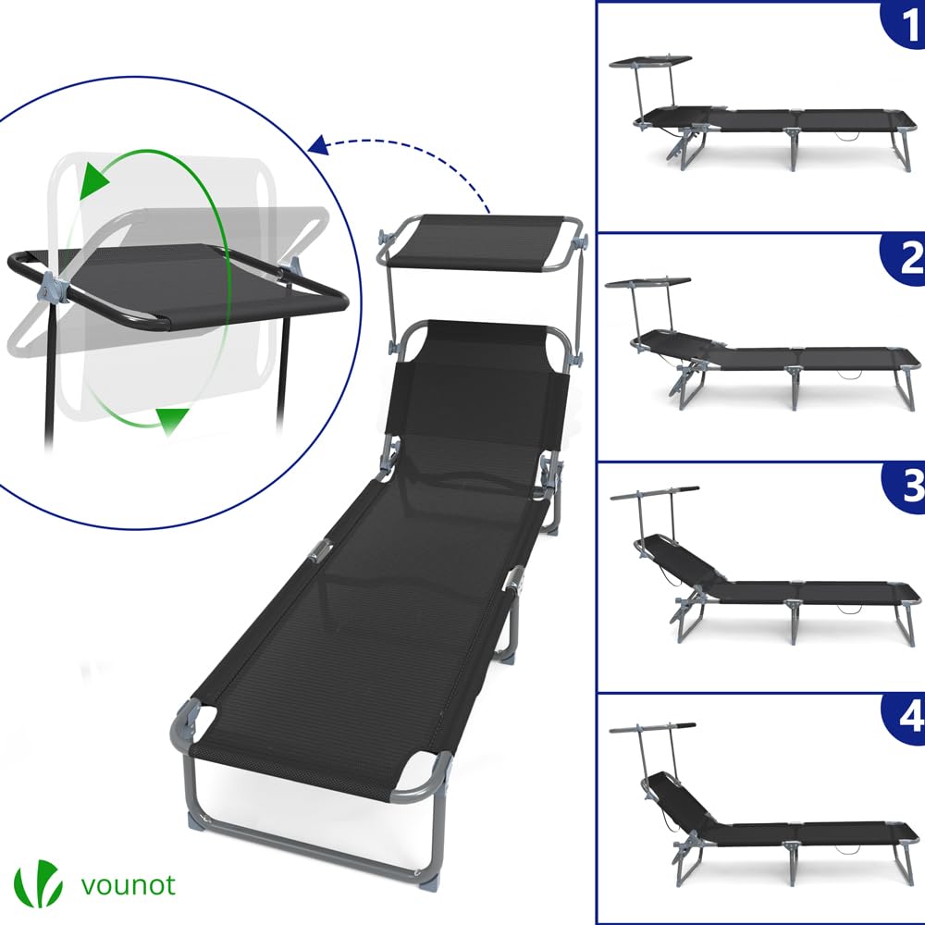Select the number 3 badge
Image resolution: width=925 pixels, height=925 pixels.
pos(904,488)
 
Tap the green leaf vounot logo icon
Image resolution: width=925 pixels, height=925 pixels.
pos(38,882)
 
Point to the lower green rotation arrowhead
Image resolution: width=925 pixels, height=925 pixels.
pos(167,423)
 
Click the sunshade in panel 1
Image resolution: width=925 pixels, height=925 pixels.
pos(650,60)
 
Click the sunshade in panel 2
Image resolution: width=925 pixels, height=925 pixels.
pos(649,281)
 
